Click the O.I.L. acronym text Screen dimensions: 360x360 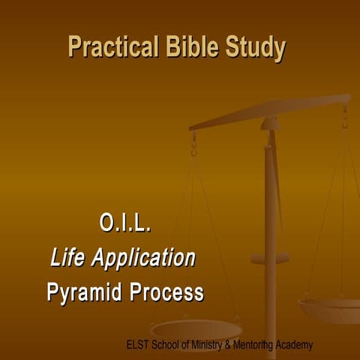click(125, 223)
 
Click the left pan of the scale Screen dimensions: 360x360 click(196, 328)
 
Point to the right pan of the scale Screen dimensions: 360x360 click(330, 307)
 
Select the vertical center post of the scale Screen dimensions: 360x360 click(270, 225)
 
